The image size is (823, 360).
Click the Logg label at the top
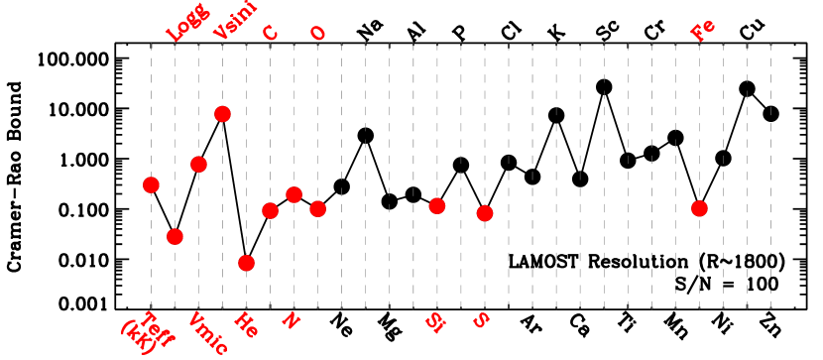[x=185, y=23]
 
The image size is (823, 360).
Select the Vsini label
[x=235, y=20]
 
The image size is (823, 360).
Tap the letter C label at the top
[x=270, y=33]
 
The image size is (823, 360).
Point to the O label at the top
[x=317, y=33]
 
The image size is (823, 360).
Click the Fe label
[x=702, y=30]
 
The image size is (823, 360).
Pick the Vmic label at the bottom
[x=207, y=334]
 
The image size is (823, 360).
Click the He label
[x=245, y=324]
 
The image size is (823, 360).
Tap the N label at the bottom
[x=291, y=319]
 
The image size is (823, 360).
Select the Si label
[x=434, y=321]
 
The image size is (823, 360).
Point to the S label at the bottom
[x=481, y=319]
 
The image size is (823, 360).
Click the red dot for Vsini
[x=222, y=114]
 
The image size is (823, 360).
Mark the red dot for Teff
[x=151, y=184]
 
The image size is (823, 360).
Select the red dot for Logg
[x=175, y=236]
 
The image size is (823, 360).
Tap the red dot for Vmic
[x=198, y=164]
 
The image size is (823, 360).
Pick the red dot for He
[x=246, y=263]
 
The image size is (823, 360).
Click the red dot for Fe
[x=699, y=208]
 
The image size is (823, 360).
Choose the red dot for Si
[x=436, y=205]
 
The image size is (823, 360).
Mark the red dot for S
[x=484, y=213]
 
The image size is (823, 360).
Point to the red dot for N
[x=294, y=194]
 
